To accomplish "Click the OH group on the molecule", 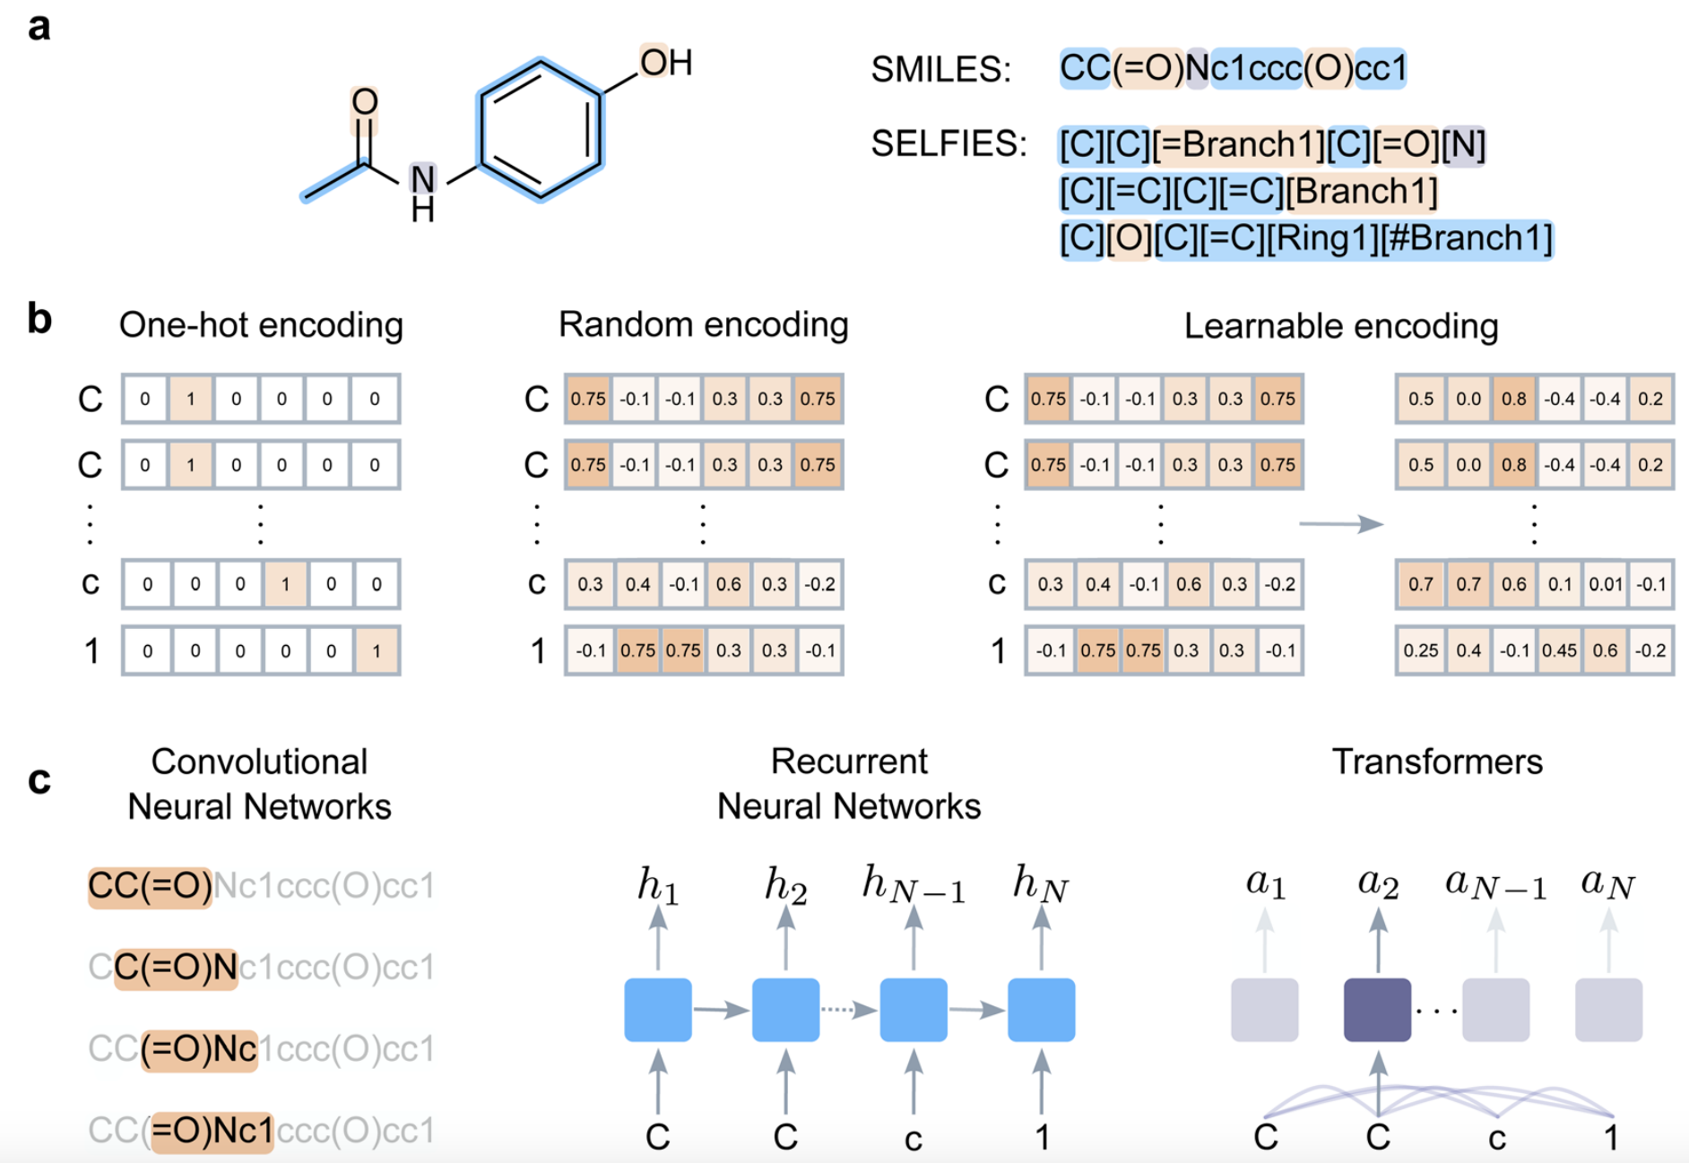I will pyautogui.click(x=665, y=63).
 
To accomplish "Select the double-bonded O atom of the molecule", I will pyautogui.click(x=364, y=102).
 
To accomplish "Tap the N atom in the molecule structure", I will pyautogui.click(x=422, y=179).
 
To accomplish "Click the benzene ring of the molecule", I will pyautogui.click(x=541, y=131).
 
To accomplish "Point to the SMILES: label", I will pyautogui.click(x=940, y=69).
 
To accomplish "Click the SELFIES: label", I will pyautogui.click(x=948, y=143).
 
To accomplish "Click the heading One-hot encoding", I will pyautogui.click(x=261, y=325).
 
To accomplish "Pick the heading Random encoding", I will pyautogui.click(x=703, y=325).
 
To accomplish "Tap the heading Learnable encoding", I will pyautogui.click(x=1340, y=326).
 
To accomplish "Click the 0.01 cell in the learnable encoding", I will pyautogui.click(x=1605, y=584).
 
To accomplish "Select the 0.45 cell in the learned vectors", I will pyautogui.click(x=1559, y=650).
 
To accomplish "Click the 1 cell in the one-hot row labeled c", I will pyautogui.click(x=285, y=584).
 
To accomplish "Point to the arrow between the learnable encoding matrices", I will pyautogui.click(x=1341, y=523).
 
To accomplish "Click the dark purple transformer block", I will pyautogui.click(x=1377, y=1010).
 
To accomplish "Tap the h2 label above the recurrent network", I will pyautogui.click(x=785, y=885).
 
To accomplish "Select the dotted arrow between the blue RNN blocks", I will pyautogui.click(x=848, y=1010).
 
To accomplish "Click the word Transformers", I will pyautogui.click(x=1436, y=762).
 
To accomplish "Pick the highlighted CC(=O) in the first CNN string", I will pyautogui.click(x=150, y=887).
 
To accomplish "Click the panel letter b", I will pyautogui.click(x=39, y=319).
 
